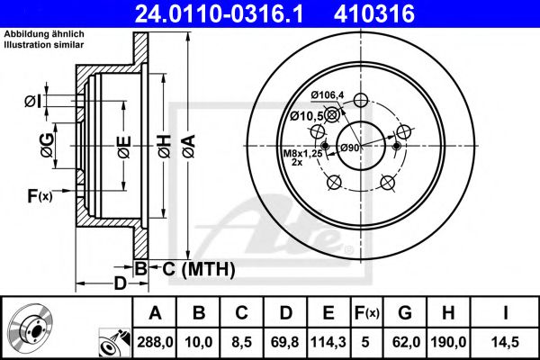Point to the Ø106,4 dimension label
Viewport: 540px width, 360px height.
point(329,95)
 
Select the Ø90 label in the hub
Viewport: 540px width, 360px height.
point(349,148)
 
